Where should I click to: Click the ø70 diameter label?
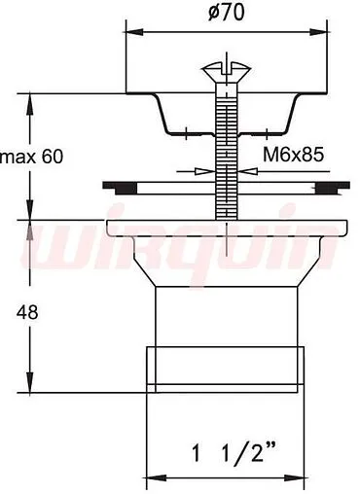coord(226,14)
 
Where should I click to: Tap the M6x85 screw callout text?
coord(293,155)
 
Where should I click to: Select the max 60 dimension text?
coord(32,157)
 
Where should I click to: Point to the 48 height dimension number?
coord(27,313)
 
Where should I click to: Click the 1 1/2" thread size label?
coord(234,453)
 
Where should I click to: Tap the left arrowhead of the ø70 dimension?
coord(134,32)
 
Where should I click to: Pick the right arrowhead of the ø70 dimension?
coord(318,32)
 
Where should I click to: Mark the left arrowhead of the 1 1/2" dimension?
coord(157,478)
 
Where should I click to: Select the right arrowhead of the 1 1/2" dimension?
coord(295,478)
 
